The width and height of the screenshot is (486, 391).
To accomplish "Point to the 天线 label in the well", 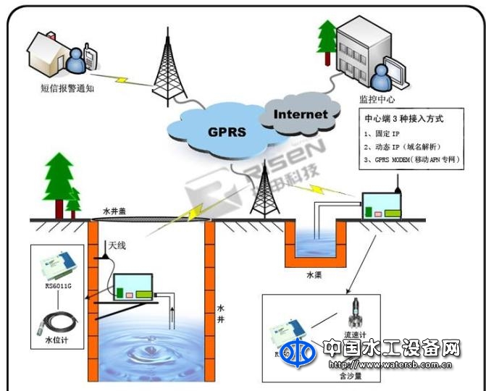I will point(117,245).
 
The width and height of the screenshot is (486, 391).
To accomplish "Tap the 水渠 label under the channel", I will point(314,276).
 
